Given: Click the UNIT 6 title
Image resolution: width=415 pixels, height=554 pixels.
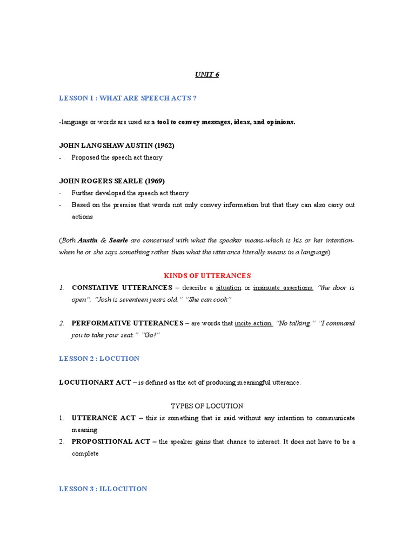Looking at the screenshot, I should click(207, 75).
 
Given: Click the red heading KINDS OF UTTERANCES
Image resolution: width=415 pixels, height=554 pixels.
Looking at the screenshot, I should click(207, 276).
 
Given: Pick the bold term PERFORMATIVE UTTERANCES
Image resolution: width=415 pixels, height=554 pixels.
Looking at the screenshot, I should click(128, 323).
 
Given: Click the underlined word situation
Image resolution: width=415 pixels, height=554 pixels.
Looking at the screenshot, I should click(229, 288).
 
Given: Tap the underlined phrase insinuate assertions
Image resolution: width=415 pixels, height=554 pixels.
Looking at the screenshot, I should click(283, 288).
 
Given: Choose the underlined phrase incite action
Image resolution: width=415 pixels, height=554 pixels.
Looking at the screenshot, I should click(254, 323).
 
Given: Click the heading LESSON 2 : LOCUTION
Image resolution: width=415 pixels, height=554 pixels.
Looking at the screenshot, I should click(99, 359).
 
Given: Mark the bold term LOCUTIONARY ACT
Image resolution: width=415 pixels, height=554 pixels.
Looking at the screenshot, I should click(95, 382).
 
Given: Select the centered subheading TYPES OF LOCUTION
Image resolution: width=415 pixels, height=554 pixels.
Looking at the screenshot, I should click(207, 406).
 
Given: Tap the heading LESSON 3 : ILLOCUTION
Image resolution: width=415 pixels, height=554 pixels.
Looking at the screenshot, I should click(103, 489).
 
